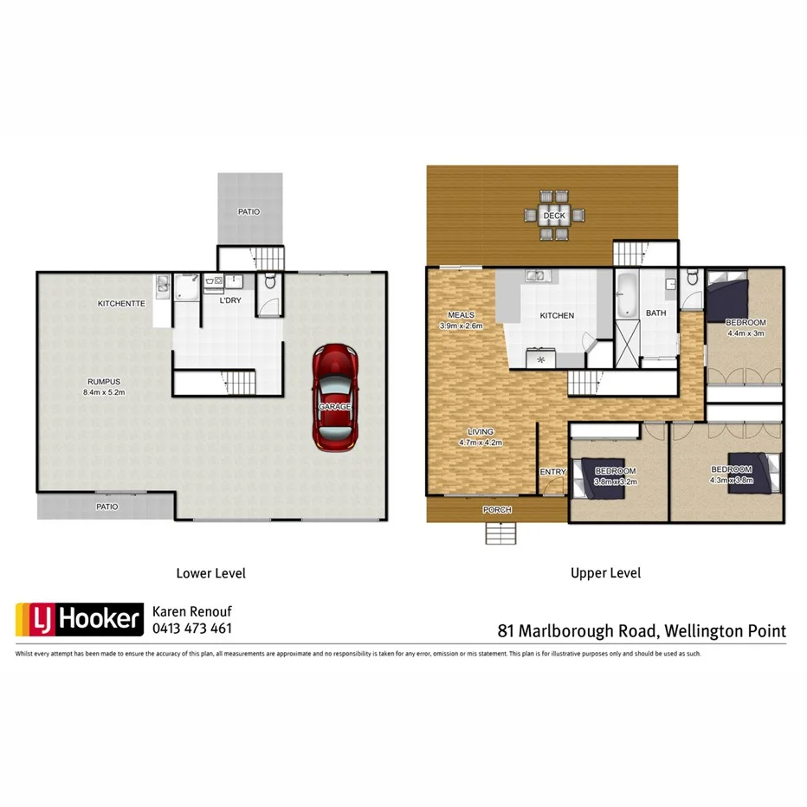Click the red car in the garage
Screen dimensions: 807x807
[335, 397]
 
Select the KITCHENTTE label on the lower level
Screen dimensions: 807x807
[120, 304]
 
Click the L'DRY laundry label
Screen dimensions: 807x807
[229, 300]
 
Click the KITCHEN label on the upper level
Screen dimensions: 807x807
[557, 315]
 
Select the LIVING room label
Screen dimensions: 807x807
[480, 431]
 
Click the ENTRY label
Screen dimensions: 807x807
[552, 472]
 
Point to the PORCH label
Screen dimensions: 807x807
[495, 509]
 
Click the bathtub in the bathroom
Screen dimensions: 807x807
[626, 296]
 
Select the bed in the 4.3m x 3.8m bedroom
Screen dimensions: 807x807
[746, 472]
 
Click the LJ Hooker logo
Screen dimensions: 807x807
[77, 619]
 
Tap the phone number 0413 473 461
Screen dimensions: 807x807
[191, 629]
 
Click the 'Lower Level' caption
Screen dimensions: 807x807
[210, 573]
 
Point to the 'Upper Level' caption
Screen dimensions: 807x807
[605, 573]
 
